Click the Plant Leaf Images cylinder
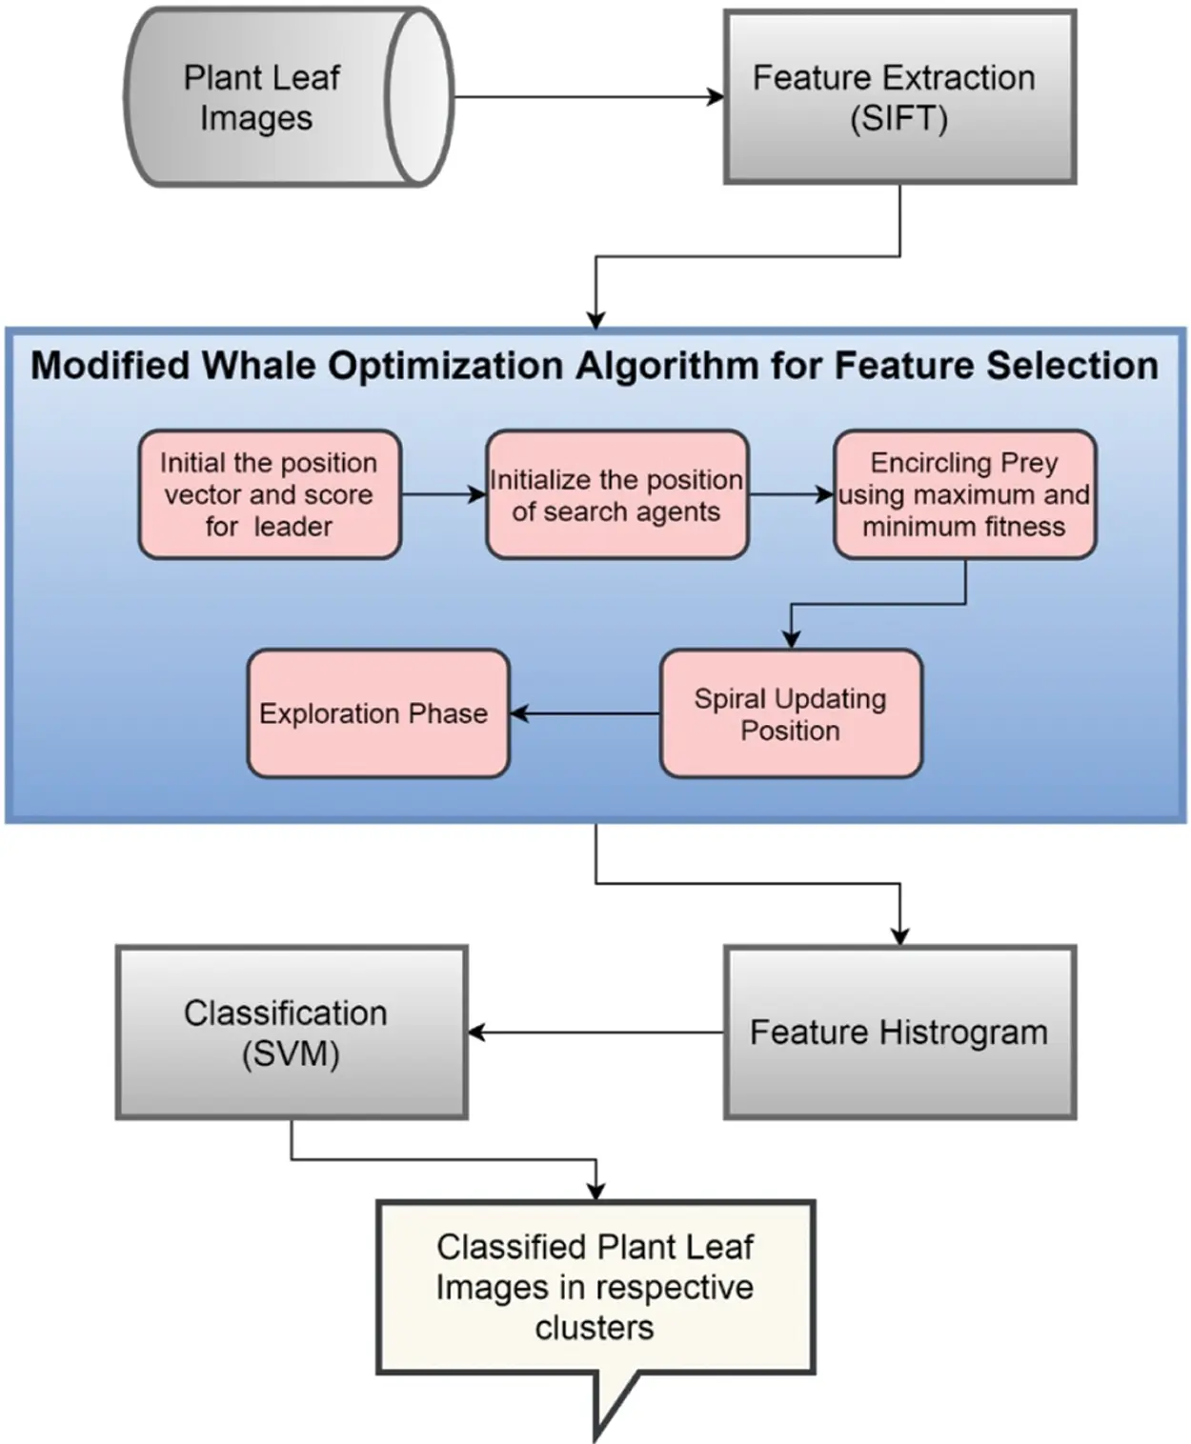289,97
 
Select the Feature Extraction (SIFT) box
900,97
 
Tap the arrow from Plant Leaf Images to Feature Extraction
589,97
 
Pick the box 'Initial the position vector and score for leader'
270,494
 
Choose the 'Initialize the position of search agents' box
617,494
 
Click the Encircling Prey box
964,494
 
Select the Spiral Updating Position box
791,713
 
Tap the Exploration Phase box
378,713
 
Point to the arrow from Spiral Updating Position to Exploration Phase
585,713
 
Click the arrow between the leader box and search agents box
444,494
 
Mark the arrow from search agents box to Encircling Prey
791,494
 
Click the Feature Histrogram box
900,1033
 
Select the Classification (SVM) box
292,1033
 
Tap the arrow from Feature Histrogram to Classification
595,1033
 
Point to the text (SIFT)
898,119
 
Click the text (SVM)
291,1054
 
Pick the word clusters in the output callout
595,1327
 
